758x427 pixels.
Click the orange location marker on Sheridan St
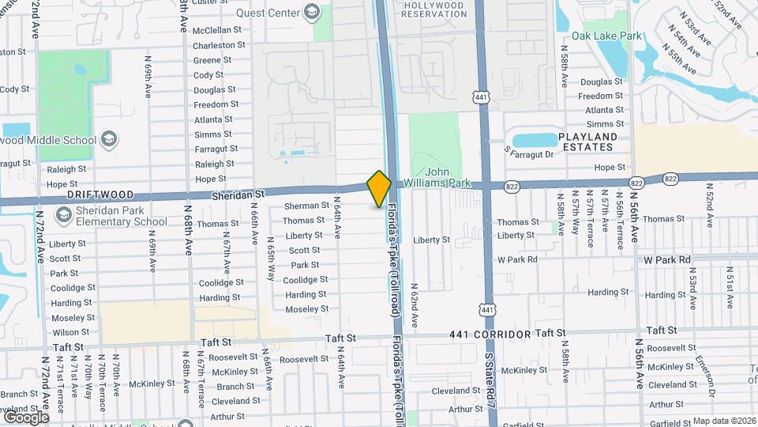379,188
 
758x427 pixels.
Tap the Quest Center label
268,13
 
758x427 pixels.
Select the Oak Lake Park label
606,36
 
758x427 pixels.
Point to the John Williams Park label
448,177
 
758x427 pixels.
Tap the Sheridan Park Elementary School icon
62,211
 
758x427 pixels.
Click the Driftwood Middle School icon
108,141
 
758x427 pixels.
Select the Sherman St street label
306,206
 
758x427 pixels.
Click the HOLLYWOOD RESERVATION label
434,9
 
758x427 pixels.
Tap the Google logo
26,417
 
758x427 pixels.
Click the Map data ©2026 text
724,421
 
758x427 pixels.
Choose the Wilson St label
71,332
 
